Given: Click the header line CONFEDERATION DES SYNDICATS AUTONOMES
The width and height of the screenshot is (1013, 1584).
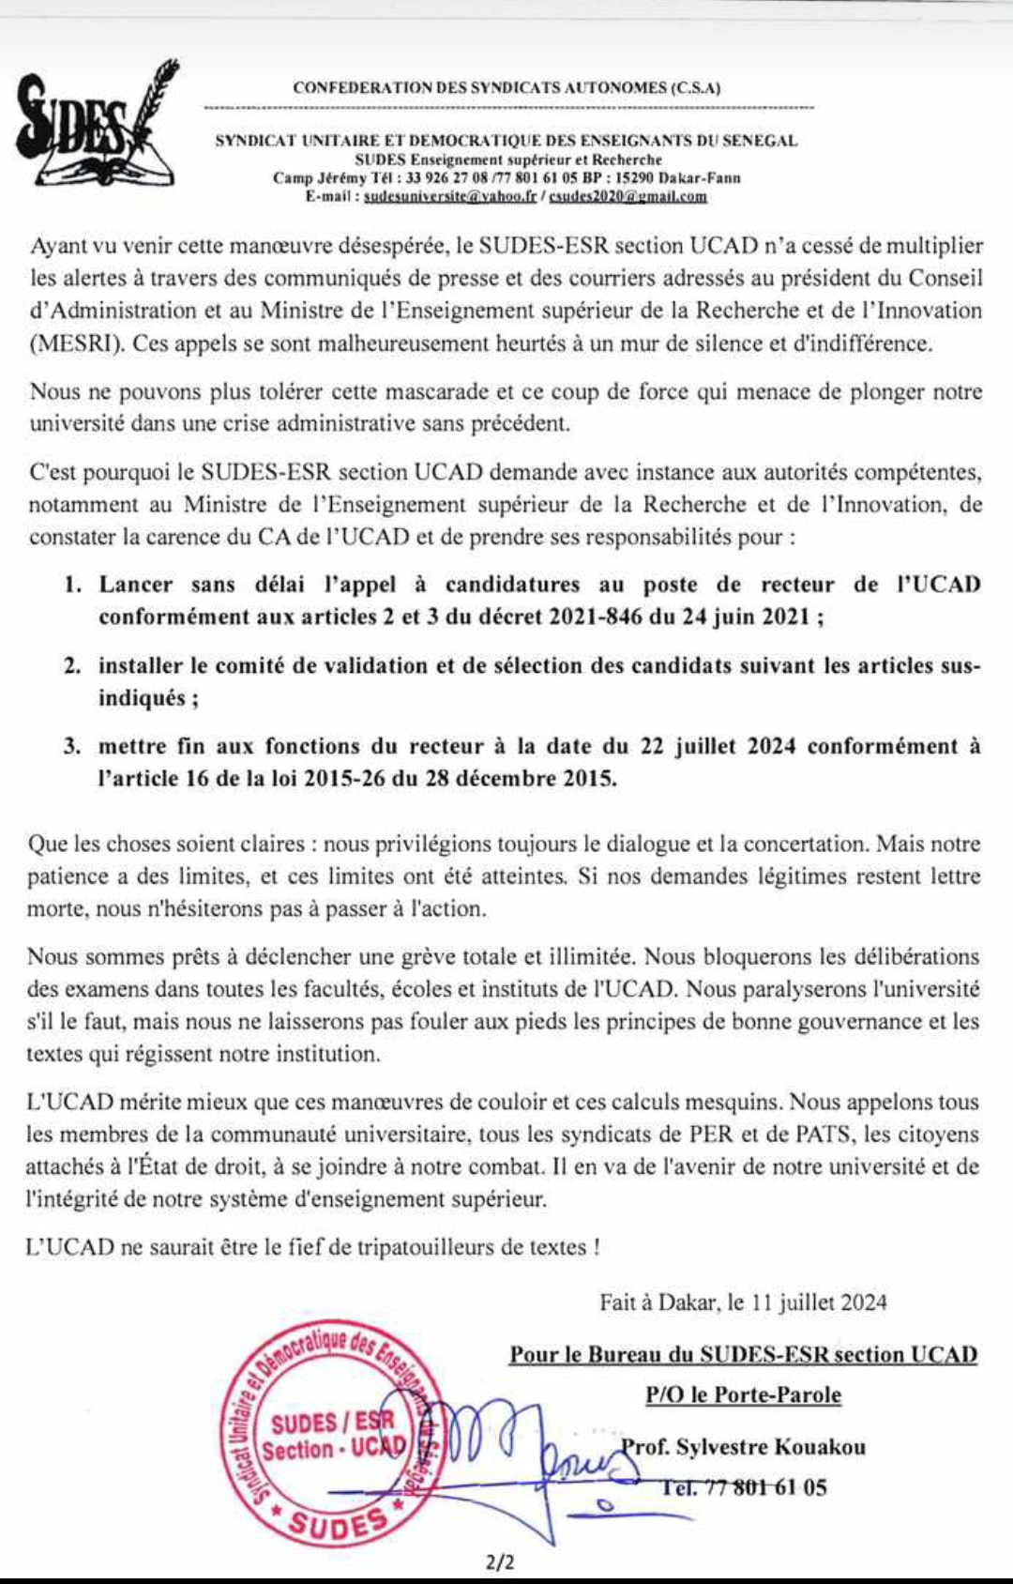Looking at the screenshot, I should [x=506, y=88].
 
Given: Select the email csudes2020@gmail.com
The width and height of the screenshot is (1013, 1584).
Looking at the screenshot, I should [x=627, y=196].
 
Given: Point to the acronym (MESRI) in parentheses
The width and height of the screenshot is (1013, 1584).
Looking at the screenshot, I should [x=76, y=343].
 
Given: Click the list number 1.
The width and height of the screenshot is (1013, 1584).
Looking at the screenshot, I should [x=72, y=586].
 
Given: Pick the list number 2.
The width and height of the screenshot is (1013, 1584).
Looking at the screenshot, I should [x=72, y=666].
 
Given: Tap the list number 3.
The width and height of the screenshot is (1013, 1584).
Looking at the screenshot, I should [x=72, y=747].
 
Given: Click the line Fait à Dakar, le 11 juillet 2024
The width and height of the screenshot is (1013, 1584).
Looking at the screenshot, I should [x=743, y=1302].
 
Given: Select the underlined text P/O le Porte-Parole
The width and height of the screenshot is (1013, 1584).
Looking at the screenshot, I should [x=743, y=1395].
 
